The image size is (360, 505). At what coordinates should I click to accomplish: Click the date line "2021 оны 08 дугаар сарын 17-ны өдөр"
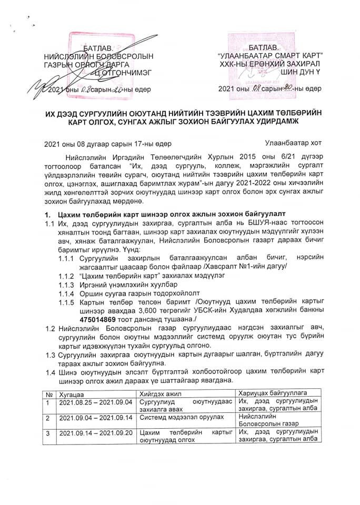tap(107, 143)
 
